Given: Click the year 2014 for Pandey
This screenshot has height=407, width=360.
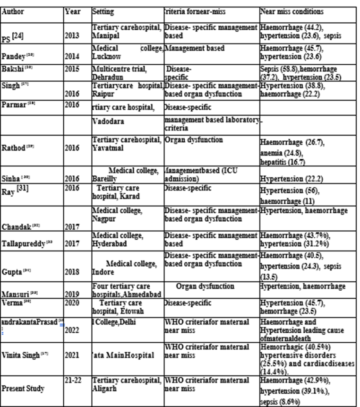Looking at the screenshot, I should point(72,56).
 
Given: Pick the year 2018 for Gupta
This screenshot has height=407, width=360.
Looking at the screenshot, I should point(72,272).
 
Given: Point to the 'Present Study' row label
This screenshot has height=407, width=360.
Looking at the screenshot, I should point(23,389).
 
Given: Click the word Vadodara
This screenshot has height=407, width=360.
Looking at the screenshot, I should point(109,121).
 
